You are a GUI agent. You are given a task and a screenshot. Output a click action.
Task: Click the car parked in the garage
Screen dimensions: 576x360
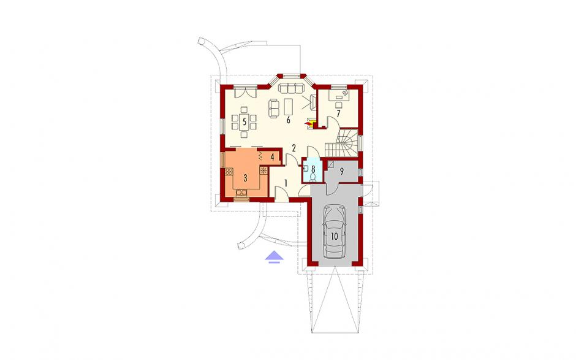335,232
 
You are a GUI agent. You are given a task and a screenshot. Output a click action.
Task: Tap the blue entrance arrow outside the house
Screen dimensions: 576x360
275,258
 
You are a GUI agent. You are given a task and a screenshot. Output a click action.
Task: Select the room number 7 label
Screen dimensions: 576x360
338,113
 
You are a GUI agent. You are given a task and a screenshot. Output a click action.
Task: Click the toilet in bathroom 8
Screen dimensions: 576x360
313,178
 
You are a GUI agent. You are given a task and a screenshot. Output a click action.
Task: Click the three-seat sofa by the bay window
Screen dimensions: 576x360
290,88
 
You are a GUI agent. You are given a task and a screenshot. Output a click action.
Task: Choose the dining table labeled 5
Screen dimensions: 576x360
243,121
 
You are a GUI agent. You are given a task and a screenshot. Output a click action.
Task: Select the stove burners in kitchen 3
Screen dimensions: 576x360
229,172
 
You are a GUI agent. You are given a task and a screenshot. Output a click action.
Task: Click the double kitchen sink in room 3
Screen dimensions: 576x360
241,193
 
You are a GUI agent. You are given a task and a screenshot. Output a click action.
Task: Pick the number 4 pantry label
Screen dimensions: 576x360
272,157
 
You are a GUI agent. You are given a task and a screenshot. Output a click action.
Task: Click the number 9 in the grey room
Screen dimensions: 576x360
342,170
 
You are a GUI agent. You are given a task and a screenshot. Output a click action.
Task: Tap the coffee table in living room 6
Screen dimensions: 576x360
289,107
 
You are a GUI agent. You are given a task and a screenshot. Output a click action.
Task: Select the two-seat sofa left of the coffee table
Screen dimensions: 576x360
274,109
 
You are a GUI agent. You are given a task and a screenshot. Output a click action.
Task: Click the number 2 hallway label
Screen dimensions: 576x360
294,148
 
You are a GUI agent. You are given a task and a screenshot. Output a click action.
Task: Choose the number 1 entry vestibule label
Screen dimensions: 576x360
286,182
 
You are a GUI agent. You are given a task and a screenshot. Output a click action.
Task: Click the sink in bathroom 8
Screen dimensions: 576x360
306,169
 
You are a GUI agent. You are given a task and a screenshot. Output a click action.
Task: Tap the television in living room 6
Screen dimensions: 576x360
313,102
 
